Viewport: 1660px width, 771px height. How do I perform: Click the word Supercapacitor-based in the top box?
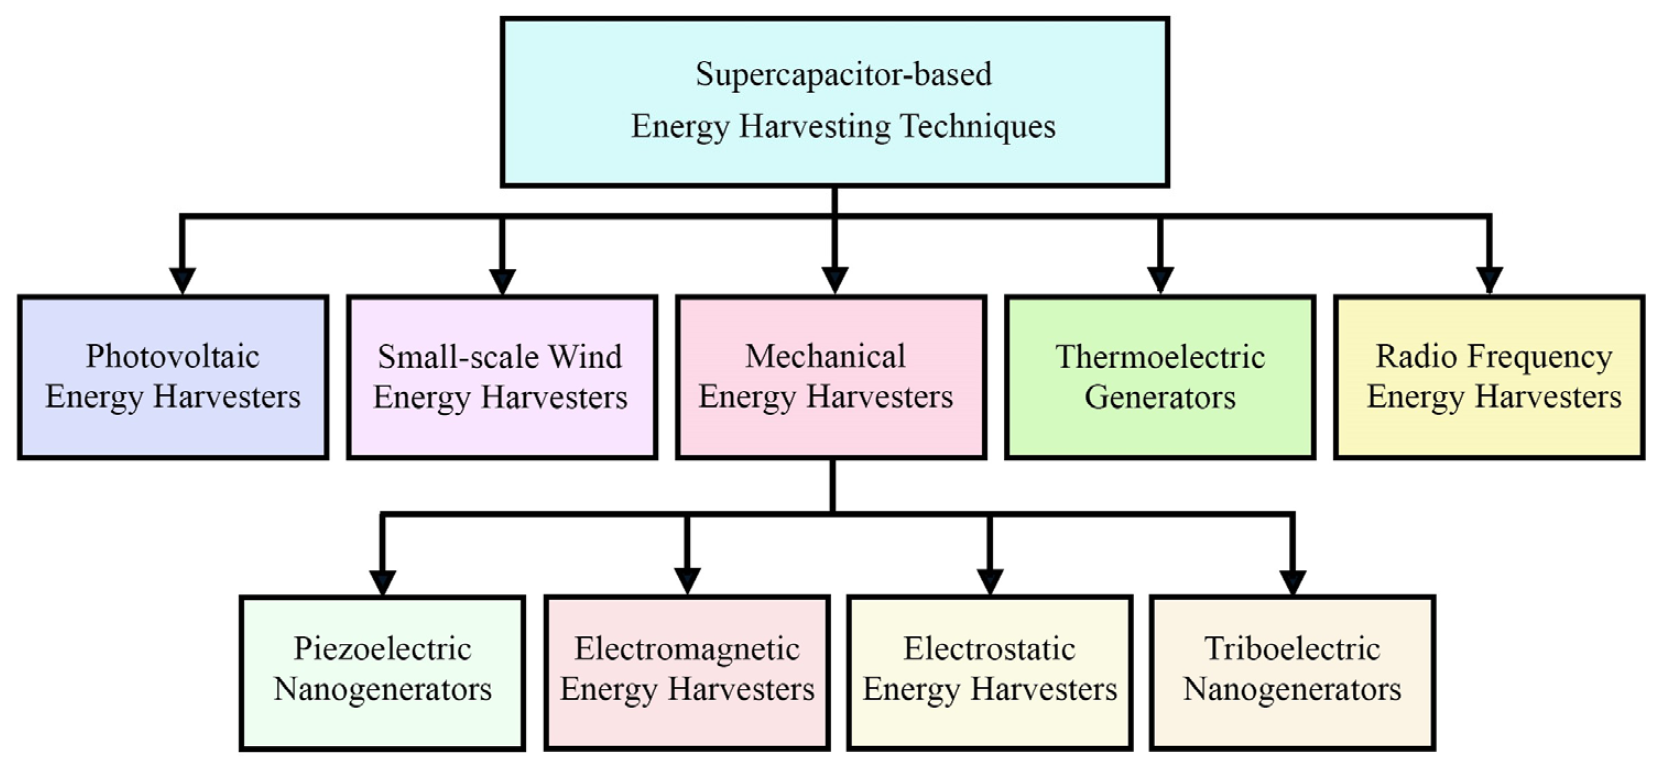(x=843, y=75)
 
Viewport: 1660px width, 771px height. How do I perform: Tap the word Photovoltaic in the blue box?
(x=173, y=357)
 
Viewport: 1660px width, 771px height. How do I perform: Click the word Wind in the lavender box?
(x=585, y=357)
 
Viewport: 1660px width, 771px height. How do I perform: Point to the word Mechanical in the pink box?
(x=825, y=357)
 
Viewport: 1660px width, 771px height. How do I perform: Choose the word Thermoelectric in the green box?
(x=1160, y=357)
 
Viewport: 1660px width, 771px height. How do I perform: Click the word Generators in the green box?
(x=1160, y=398)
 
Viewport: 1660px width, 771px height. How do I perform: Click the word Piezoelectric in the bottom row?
(x=382, y=649)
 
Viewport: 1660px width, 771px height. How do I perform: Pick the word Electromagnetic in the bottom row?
(x=687, y=649)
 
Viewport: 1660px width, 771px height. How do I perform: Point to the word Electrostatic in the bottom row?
(x=989, y=649)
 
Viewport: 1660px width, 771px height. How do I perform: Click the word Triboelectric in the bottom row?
(x=1292, y=649)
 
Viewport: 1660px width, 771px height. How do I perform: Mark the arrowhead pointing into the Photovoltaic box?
(x=182, y=281)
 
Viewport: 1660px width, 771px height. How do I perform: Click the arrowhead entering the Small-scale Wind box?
(x=502, y=281)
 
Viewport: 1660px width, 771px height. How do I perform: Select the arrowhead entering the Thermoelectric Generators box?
(x=1160, y=281)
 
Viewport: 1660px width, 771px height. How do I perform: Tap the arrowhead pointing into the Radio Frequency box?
(x=1489, y=281)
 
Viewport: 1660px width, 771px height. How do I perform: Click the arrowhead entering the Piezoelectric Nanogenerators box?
(x=383, y=582)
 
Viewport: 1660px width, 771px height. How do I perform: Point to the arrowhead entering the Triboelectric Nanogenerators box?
(x=1292, y=582)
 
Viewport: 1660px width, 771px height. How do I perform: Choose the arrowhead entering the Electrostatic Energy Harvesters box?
(x=990, y=582)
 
